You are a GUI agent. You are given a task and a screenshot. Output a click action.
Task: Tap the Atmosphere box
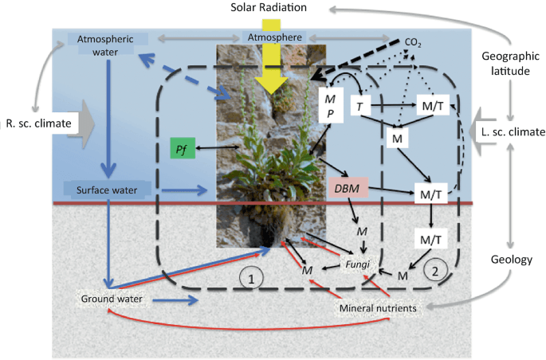[273, 37]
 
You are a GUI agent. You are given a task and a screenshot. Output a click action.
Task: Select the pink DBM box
[346, 189]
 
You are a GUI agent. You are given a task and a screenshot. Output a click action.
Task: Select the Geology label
[513, 260]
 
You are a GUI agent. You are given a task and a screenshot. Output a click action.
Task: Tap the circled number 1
[250, 279]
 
